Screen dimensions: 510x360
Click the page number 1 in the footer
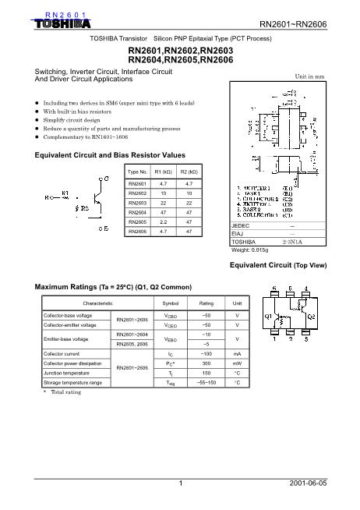coord(180,483)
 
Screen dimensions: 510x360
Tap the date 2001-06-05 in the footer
coord(308,483)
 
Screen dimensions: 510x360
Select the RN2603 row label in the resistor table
coord(137,201)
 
